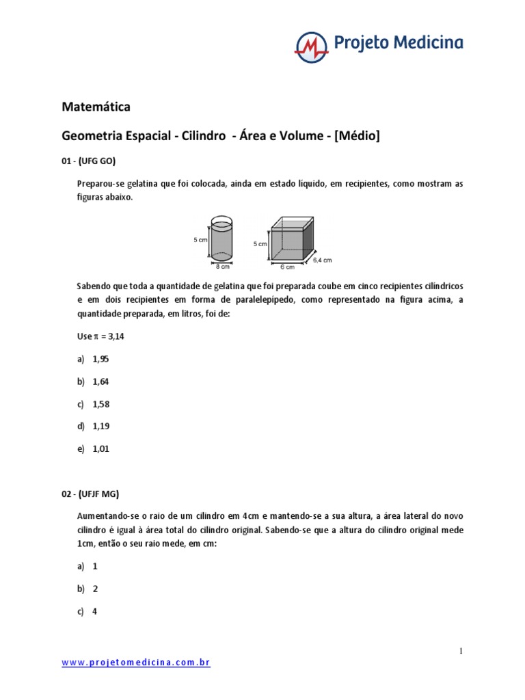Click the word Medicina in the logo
tap(427, 42)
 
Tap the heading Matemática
tap(96, 107)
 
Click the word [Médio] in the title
tap(357, 136)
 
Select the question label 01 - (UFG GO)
tap(89, 161)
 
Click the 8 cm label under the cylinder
tap(222, 267)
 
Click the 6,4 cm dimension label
tap(323, 260)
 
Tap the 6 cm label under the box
tap(287, 267)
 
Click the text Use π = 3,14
tap(103, 337)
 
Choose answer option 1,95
tap(100, 359)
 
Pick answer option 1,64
tap(100, 381)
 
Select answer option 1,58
tap(100, 404)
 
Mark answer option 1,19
tap(100, 427)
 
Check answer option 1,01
tap(100, 449)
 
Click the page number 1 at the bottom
tap(461, 651)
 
